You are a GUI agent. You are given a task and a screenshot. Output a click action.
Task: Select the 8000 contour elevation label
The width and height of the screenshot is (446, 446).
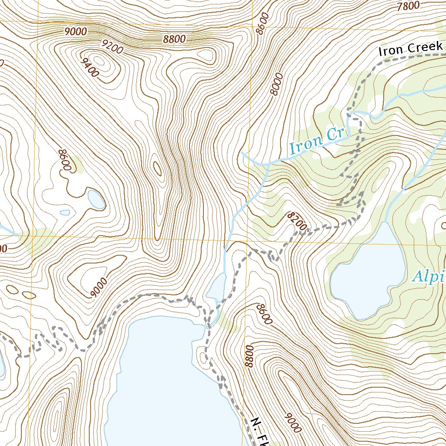tap(276, 84)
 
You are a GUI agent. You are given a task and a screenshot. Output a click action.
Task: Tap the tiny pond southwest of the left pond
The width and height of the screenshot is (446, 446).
tap(65, 213)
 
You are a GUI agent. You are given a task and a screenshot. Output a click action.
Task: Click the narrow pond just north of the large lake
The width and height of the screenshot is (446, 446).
tap(217, 287)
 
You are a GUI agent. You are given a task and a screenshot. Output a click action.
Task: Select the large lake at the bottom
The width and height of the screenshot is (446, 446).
tap(170, 383)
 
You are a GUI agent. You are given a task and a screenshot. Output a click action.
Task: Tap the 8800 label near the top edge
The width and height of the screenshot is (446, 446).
tap(175, 39)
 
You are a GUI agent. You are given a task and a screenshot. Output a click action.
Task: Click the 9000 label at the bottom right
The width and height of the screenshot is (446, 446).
tap(293, 422)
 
